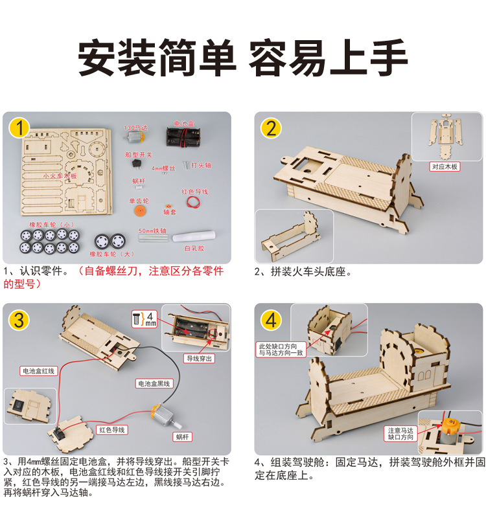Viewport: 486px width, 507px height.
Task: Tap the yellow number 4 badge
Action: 272,320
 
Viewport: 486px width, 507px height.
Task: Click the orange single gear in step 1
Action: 137,211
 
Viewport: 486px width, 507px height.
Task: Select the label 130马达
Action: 135,123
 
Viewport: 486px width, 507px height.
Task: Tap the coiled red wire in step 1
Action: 192,202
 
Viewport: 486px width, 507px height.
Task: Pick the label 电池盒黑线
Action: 154,383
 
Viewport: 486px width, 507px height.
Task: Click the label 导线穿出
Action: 200,357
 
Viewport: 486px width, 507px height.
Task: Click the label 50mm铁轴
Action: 152,231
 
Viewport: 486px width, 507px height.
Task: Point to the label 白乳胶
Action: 194,248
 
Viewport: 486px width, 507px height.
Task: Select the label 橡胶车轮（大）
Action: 111,254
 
